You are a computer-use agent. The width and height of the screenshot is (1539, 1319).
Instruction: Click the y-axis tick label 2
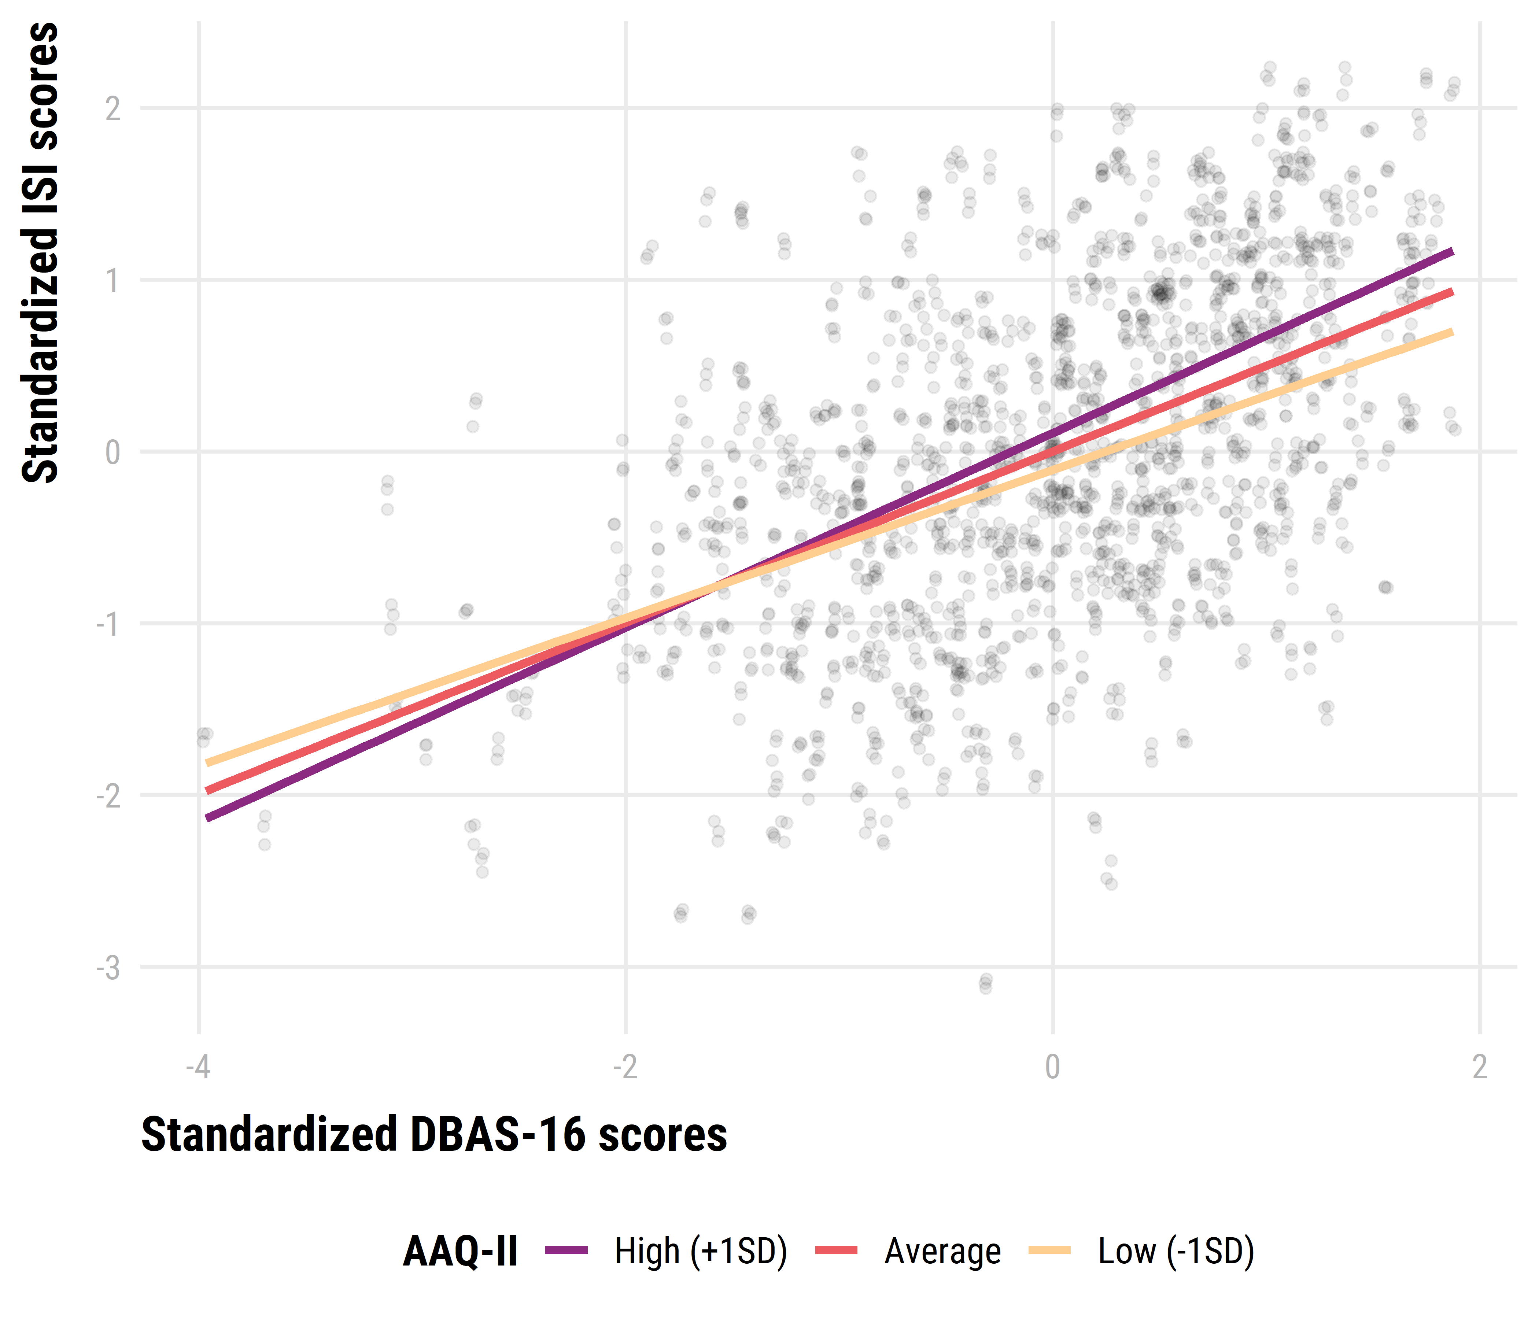tap(112, 109)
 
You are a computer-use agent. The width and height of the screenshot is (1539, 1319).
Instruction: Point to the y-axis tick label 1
tap(112, 281)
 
